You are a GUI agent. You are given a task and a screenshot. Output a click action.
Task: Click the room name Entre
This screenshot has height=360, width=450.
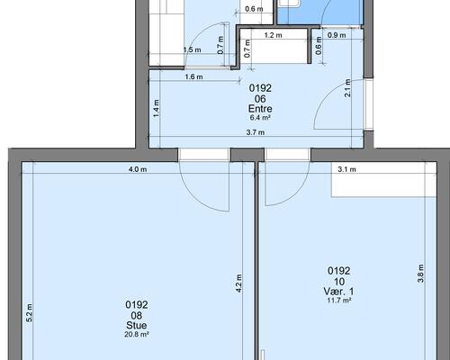260,109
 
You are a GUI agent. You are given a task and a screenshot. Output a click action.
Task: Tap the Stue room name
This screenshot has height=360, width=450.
137,325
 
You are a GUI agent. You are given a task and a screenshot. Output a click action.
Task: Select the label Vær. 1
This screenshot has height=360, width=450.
338,291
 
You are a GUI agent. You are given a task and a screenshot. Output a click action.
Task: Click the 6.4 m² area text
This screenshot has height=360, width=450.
260,118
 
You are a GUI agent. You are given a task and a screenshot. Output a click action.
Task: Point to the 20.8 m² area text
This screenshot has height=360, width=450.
137,334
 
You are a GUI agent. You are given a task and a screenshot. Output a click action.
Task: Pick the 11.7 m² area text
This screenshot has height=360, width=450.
339,300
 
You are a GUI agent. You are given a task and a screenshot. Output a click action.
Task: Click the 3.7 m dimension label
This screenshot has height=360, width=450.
256,132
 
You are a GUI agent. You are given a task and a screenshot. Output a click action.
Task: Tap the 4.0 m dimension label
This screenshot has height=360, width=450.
138,169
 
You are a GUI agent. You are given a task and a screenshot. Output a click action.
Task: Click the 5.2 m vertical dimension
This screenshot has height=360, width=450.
29,313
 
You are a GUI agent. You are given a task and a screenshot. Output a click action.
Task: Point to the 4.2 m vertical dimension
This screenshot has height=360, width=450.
238,283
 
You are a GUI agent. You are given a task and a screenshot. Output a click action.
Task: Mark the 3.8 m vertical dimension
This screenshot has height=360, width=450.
420,274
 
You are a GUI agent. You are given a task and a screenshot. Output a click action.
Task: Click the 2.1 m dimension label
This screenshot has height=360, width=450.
347,88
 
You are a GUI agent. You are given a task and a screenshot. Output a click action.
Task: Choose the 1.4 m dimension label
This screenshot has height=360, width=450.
156,108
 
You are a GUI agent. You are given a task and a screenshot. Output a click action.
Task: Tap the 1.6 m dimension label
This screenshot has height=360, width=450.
193,77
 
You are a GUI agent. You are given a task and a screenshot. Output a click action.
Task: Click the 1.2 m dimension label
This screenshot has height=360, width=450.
273,35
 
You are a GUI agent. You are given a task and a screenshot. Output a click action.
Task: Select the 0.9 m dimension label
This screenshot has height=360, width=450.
337,35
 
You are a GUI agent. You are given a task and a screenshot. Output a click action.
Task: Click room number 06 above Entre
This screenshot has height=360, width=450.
260,99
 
